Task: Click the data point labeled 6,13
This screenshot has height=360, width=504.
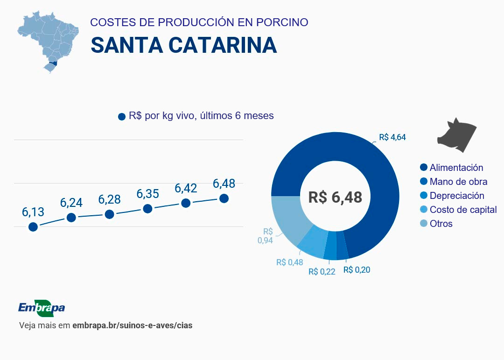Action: [33, 227]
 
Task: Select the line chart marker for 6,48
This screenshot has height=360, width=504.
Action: [224, 198]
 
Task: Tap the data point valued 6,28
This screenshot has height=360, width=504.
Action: [110, 214]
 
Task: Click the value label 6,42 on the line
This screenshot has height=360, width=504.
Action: [186, 188]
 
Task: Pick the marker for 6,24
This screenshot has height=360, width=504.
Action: [71, 218]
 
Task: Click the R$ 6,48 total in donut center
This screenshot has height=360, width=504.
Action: [335, 197]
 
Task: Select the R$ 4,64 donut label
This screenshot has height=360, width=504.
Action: [392, 137]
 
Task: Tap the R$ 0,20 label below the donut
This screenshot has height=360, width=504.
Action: [357, 270]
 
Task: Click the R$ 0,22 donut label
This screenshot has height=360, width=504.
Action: [322, 272]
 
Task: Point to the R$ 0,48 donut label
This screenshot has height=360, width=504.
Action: [289, 262]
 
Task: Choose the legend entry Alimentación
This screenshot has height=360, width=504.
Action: [456, 168]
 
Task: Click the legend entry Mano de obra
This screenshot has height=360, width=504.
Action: [458, 182]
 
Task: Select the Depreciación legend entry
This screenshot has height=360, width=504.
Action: [456, 196]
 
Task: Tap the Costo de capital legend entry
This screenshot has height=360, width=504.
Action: [463, 210]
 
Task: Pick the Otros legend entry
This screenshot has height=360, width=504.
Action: [441, 224]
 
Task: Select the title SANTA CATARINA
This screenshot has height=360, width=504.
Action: [184, 45]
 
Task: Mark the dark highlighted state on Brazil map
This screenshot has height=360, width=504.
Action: [54, 63]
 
